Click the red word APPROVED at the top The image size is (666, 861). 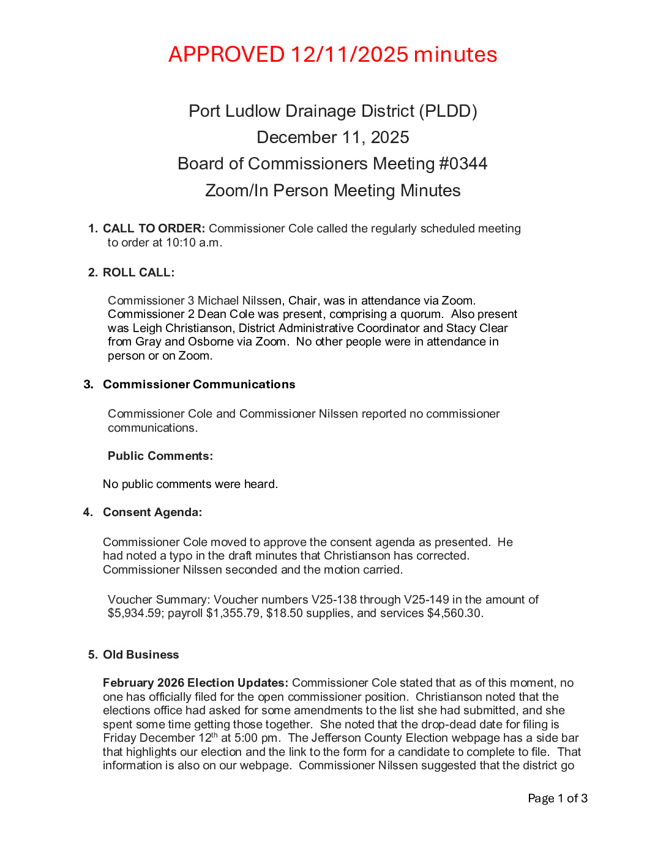pos(226,54)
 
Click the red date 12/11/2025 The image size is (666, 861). pos(350,54)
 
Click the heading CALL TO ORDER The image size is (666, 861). pos(154,229)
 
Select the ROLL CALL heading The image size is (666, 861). pos(138,273)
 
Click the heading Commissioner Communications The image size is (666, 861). pos(199,385)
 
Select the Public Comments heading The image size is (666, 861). pos(160,456)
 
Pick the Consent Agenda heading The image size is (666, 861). pos(152,512)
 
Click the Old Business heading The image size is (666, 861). pos(141,655)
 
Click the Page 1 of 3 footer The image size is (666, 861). pos(558,799)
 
